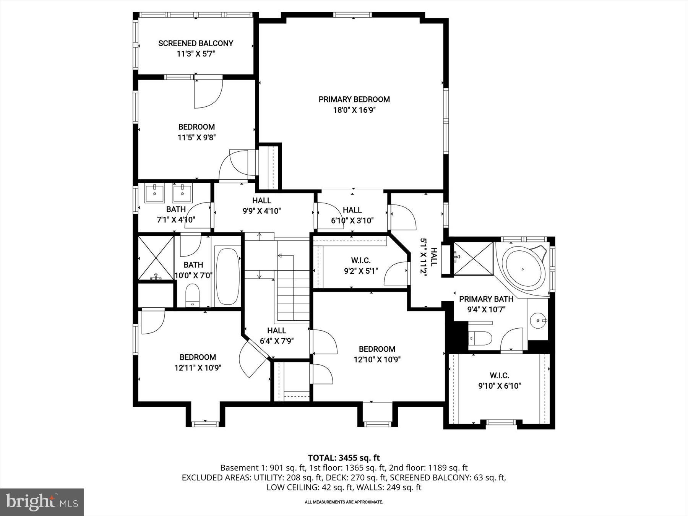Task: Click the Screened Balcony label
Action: click(x=196, y=43)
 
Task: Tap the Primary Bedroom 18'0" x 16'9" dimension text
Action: click(x=354, y=110)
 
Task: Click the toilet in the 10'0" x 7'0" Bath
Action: click(x=192, y=295)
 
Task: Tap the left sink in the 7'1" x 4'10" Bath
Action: click(x=154, y=193)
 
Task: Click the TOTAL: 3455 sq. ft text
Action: click(x=344, y=458)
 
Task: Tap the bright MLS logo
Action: click(x=42, y=502)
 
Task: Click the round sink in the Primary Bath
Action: click(x=538, y=320)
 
